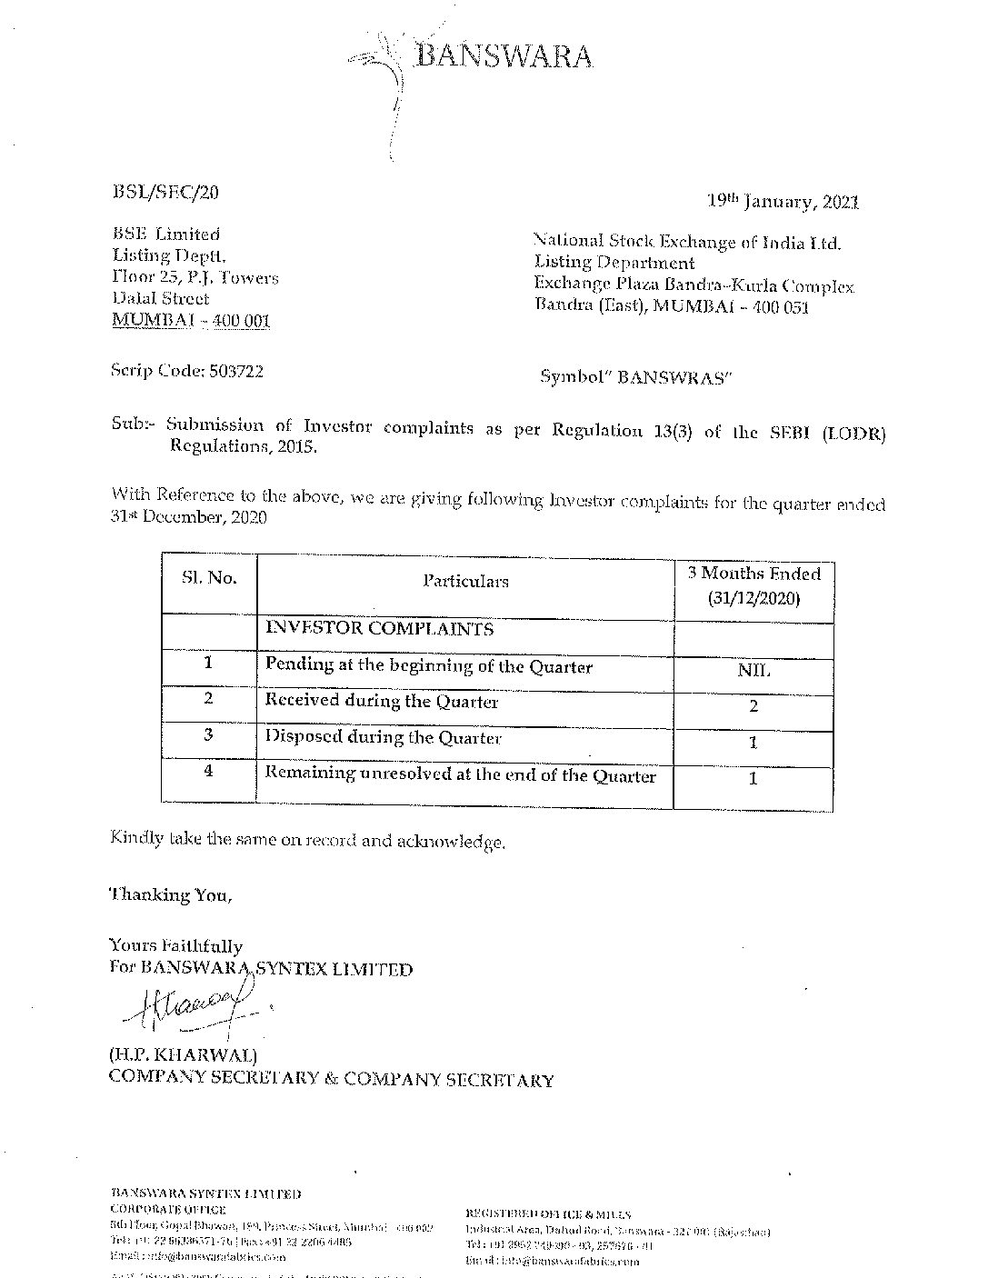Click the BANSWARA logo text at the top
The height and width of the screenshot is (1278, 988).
click(x=504, y=57)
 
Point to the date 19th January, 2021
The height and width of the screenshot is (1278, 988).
click(x=783, y=202)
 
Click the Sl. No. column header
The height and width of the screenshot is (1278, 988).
click(x=208, y=578)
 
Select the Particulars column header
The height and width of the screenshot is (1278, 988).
click(x=465, y=581)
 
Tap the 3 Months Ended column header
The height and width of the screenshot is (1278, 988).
click(x=753, y=585)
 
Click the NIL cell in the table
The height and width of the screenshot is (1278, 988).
click(x=753, y=671)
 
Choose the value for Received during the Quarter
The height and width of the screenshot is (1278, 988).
click(x=753, y=706)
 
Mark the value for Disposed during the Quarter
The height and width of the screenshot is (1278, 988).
click(x=753, y=743)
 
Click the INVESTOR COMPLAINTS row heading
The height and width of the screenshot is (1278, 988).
click(x=379, y=628)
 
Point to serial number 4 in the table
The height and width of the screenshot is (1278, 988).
click(x=209, y=770)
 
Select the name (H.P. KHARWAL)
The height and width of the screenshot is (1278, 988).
click(x=183, y=1056)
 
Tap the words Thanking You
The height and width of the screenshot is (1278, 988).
click(x=171, y=894)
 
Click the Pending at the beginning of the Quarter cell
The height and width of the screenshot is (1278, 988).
click(x=428, y=666)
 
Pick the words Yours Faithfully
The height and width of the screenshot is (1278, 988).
click(x=175, y=946)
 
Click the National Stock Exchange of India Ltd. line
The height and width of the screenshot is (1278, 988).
click(x=687, y=243)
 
